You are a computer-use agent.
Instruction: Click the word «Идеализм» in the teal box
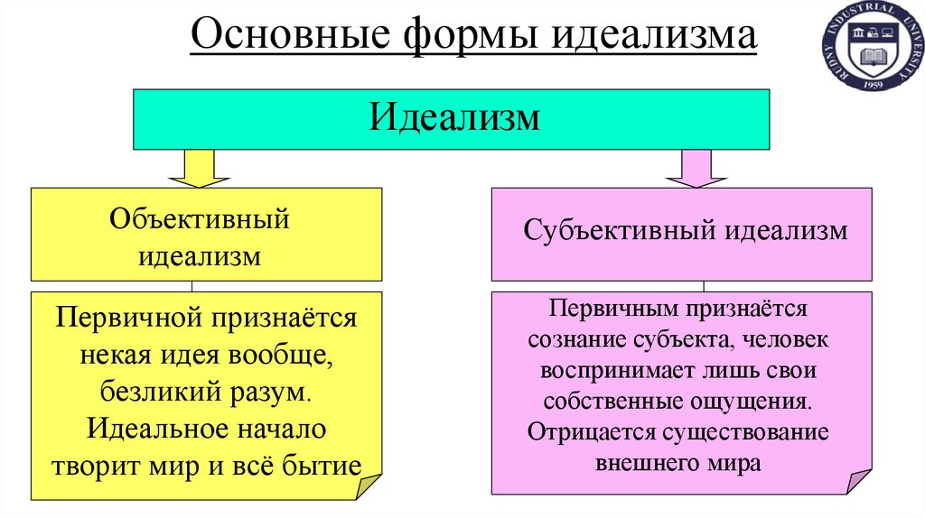point(454,118)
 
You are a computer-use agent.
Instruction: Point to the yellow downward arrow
point(199,168)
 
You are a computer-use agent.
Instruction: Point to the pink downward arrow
point(696,168)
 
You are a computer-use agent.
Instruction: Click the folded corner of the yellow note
point(371,486)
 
